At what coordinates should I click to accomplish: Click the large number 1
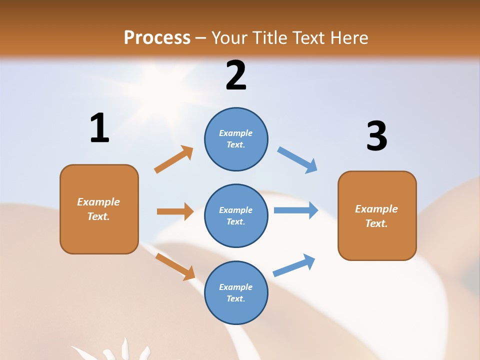[x=99, y=128]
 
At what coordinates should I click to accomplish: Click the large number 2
[x=236, y=75]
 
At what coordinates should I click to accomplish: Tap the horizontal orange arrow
[x=175, y=211]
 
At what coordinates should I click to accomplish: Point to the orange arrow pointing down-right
[x=175, y=266]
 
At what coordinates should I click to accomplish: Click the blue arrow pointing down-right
[x=297, y=160]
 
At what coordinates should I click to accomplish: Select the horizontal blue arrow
[x=296, y=210]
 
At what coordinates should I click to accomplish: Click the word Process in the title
[x=157, y=37]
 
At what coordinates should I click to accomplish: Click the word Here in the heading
[x=348, y=37]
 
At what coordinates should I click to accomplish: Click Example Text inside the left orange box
[x=98, y=209]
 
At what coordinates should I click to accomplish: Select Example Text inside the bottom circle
[x=236, y=292]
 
